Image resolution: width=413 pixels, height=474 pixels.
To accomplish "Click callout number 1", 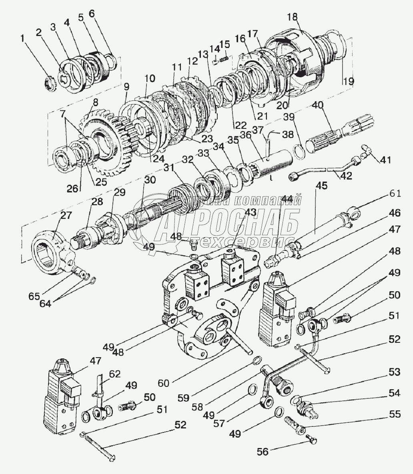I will pyautogui.click(x=22, y=39).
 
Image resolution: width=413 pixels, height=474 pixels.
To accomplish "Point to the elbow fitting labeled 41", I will pyautogui.click(x=367, y=151).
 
